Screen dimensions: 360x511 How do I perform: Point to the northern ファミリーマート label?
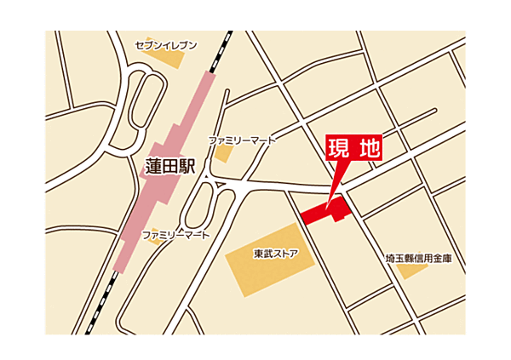coord(243,140)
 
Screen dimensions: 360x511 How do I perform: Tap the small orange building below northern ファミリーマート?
coord(222,154)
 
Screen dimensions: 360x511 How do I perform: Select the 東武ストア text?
coord(275,253)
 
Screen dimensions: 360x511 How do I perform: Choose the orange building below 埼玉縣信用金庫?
coord(413,271)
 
